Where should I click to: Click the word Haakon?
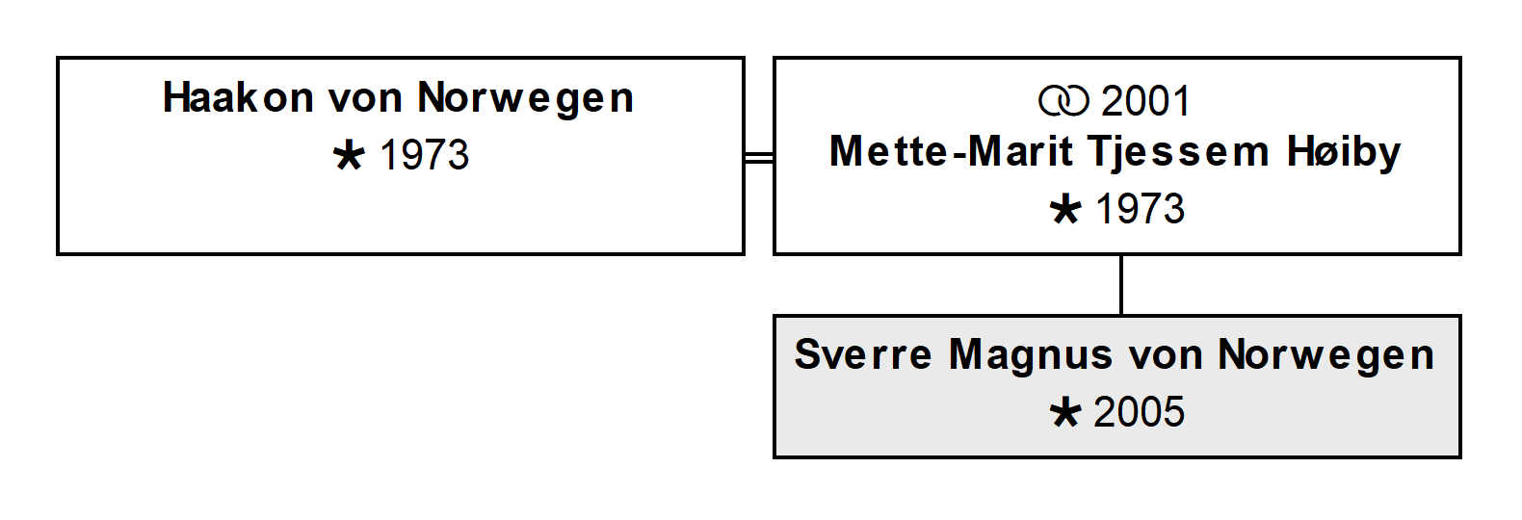coord(239,97)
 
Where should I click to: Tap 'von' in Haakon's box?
coord(365,99)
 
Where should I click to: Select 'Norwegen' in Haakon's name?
coord(525,99)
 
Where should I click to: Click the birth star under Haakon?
coord(349,155)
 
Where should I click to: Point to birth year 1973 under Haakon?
coord(425,155)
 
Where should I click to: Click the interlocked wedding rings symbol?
coord(1063,101)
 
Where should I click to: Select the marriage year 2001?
coord(1145,101)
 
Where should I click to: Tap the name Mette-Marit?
coord(952,151)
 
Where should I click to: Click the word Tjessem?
coord(1179,153)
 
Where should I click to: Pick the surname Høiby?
coord(1344,153)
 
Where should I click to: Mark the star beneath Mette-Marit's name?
coord(1064,209)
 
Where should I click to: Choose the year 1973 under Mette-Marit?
coord(1141,208)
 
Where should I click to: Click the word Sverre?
coord(863,354)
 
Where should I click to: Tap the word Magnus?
coord(1030,356)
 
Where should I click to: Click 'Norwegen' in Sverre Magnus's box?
coord(1325,356)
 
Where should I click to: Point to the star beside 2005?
coord(1064,413)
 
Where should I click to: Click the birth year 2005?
coord(1140,412)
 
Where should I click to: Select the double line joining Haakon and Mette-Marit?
coord(759,158)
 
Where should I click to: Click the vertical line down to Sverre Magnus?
coord(1121,285)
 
